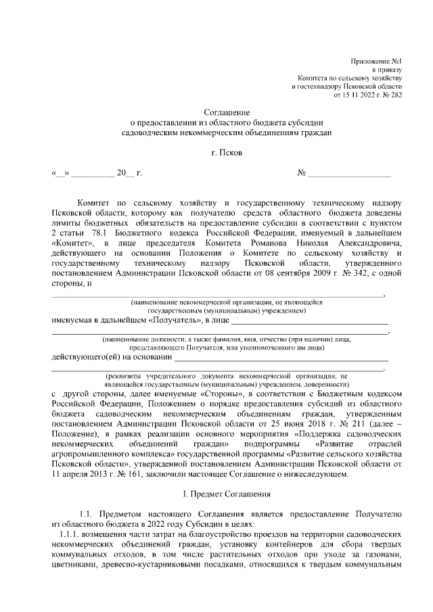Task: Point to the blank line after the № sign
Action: [x=352, y=174]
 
